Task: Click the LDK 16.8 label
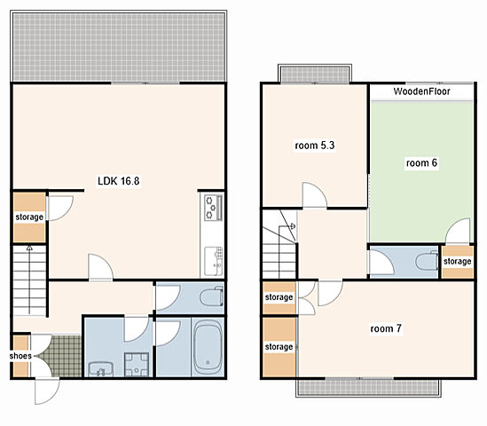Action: (x=118, y=181)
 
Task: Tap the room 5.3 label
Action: (x=315, y=146)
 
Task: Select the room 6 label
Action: (x=421, y=162)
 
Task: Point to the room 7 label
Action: (x=386, y=328)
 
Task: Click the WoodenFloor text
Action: (x=421, y=91)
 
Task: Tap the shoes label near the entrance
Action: (x=20, y=356)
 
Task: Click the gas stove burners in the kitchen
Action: (x=214, y=207)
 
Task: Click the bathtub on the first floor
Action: (x=208, y=346)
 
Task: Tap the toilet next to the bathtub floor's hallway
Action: (x=212, y=296)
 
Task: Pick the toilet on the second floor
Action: (x=427, y=262)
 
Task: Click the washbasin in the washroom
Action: (x=100, y=369)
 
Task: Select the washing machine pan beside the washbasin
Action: (x=137, y=365)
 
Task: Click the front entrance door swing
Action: (x=47, y=391)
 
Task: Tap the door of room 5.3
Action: (x=314, y=195)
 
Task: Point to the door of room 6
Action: (x=458, y=231)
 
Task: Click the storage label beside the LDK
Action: (x=29, y=217)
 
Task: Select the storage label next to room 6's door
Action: (x=457, y=261)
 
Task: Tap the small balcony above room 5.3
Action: (x=315, y=75)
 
